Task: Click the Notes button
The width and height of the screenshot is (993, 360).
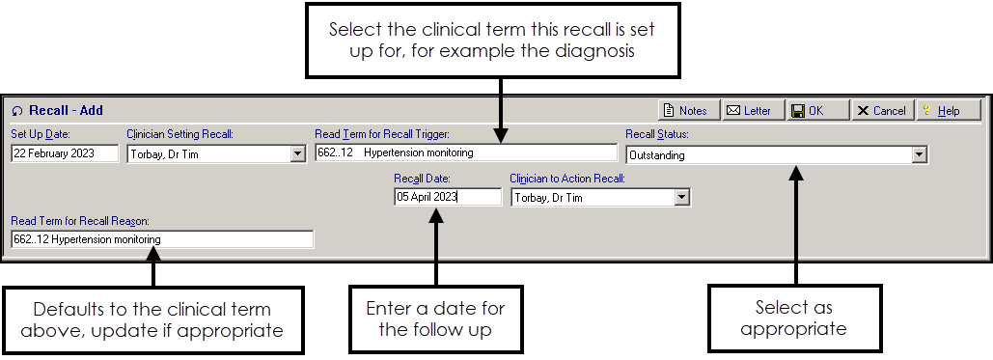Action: point(686,111)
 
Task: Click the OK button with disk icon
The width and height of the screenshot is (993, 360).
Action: point(817,111)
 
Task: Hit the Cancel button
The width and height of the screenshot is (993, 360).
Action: point(881,111)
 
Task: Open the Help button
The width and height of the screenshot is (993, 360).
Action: point(947,111)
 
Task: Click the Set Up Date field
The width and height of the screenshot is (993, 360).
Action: point(64,153)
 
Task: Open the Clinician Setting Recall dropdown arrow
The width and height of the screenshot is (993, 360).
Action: point(297,153)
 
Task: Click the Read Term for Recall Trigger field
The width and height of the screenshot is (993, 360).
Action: point(465,152)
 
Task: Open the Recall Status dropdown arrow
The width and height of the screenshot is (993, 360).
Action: point(919,154)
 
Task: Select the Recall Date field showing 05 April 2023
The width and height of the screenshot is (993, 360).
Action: point(447,197)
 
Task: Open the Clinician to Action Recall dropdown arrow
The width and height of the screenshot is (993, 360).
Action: point(682,197)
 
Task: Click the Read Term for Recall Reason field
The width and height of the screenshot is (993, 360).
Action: point(162,239)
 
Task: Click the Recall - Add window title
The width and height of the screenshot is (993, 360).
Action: point(65,111)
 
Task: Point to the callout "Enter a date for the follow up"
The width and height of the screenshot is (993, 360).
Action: point(435,319)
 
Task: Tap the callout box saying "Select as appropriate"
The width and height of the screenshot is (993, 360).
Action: point(794,318)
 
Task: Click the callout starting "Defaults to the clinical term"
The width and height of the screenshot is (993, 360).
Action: point(152,319)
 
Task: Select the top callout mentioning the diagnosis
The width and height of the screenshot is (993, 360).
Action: point(500,41)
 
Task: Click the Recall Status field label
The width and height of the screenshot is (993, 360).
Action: point(656,134)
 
